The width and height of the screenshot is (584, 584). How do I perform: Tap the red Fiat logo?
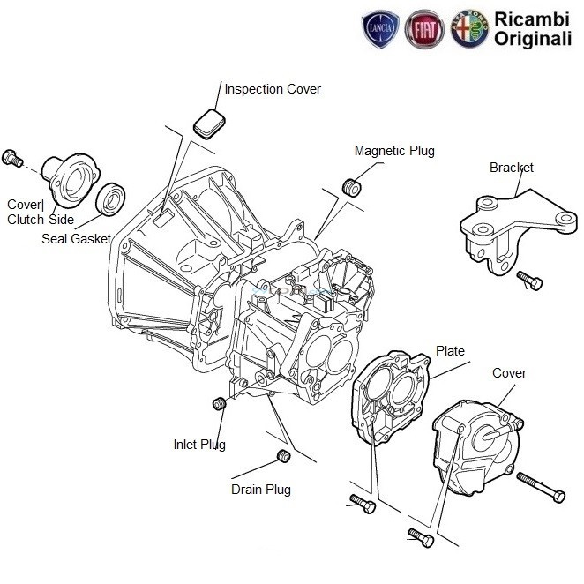coord(423,31)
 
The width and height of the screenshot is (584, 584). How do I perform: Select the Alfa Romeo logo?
coord(468,31)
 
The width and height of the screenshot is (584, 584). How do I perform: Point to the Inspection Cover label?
coord(273,89)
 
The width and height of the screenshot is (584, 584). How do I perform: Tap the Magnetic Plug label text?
coord(394,151)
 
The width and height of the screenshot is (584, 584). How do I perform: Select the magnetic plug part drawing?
coord(352,188)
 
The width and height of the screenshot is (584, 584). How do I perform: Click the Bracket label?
coord(512,168)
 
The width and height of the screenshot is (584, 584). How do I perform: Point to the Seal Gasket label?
coord(75,238)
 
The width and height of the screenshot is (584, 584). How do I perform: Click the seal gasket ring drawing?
coord(111,199)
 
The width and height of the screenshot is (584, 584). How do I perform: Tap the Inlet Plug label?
coord(198,445)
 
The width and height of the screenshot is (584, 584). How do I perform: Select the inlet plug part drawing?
coord(220,404)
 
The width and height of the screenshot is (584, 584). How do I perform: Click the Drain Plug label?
coord(260,490)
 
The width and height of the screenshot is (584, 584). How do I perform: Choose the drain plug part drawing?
coord(284,456)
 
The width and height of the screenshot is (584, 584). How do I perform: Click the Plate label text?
coord(451,351)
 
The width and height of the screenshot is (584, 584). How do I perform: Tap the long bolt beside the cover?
coord(539,487)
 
